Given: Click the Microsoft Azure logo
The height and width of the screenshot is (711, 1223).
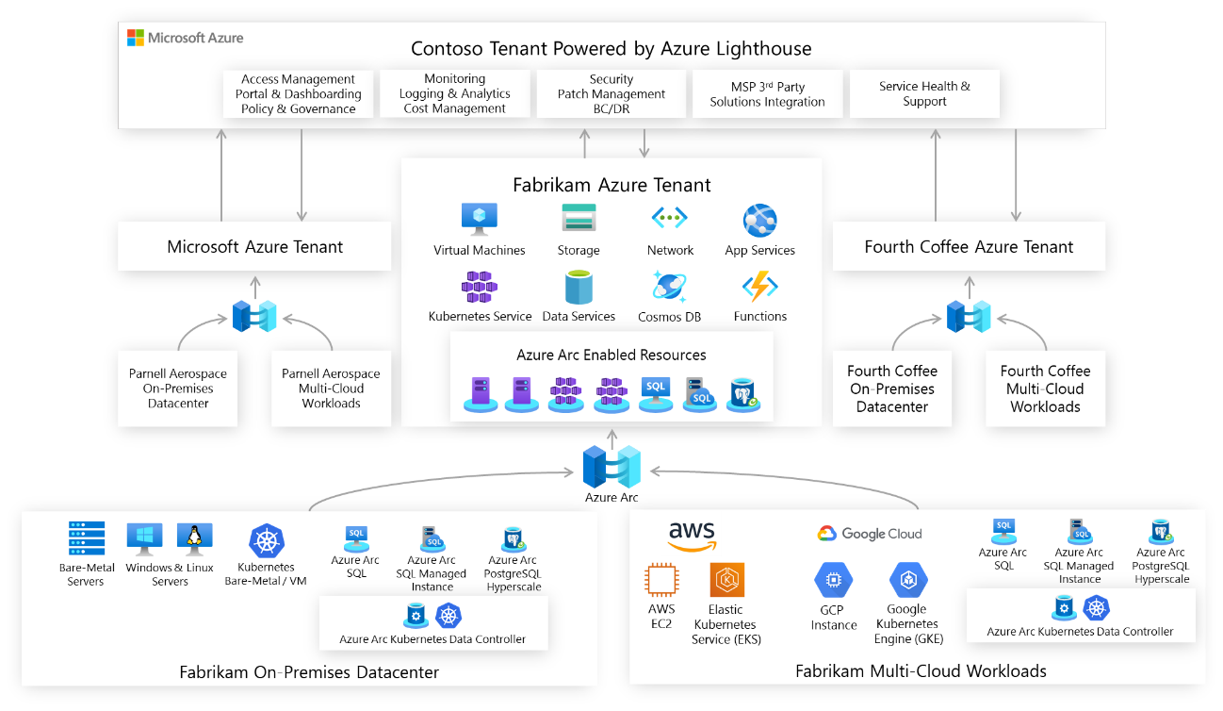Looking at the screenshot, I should pyautogui.click(x=186, y=39).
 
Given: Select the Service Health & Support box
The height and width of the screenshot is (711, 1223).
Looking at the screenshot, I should pyautogui.click(x=924, y=93).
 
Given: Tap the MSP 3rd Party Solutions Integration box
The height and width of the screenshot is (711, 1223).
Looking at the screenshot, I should pyautogui.click(x=767, y=94).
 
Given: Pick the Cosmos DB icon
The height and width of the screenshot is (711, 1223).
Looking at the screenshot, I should pyautogui.click(x=668, y=287).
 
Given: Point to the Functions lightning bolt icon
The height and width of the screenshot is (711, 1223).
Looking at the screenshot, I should pyautogui.click(x=759, y=287).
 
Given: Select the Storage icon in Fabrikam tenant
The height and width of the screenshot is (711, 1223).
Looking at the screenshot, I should pyautogui.click(x=579, y=219).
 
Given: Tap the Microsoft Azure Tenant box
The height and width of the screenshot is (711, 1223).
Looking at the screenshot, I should pyautogui.click(x=254, y=246).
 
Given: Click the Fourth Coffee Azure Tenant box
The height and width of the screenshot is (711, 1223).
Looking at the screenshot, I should pyautogui.click(x=969, y=246).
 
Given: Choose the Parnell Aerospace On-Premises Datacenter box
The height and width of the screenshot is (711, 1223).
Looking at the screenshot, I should pyautogui.click(x=178, y=389).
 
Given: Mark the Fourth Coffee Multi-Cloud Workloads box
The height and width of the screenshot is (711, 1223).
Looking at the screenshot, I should pyautogui.click(x=1045, y=389).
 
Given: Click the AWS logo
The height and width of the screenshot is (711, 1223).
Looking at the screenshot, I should pyautogui.click(x=692, y=536).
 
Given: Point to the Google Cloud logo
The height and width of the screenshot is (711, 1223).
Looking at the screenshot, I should pyautogui.click(x=870, y=534).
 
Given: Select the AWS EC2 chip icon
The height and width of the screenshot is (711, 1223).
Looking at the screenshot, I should pyautogui.click(x=660, y=581).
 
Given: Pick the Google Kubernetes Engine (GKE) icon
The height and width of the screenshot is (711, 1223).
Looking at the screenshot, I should pyautogui.click(x=908, y=580).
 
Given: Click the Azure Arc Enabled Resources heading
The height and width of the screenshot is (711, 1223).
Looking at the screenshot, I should pyautogui.click(x=611, y=355).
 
